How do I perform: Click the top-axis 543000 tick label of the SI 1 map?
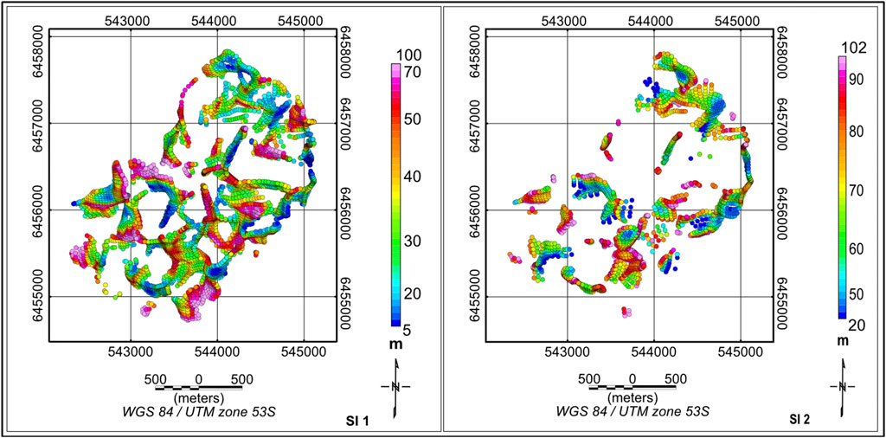131,17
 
